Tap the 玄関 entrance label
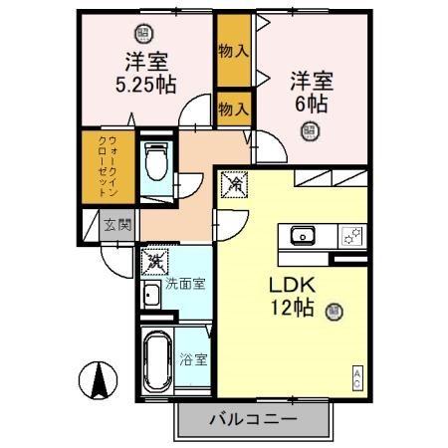116,225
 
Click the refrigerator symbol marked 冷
235,184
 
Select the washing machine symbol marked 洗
155,263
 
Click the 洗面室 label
184,284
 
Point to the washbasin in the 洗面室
151,295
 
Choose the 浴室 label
195,359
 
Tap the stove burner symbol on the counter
351,235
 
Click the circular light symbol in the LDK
333,310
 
